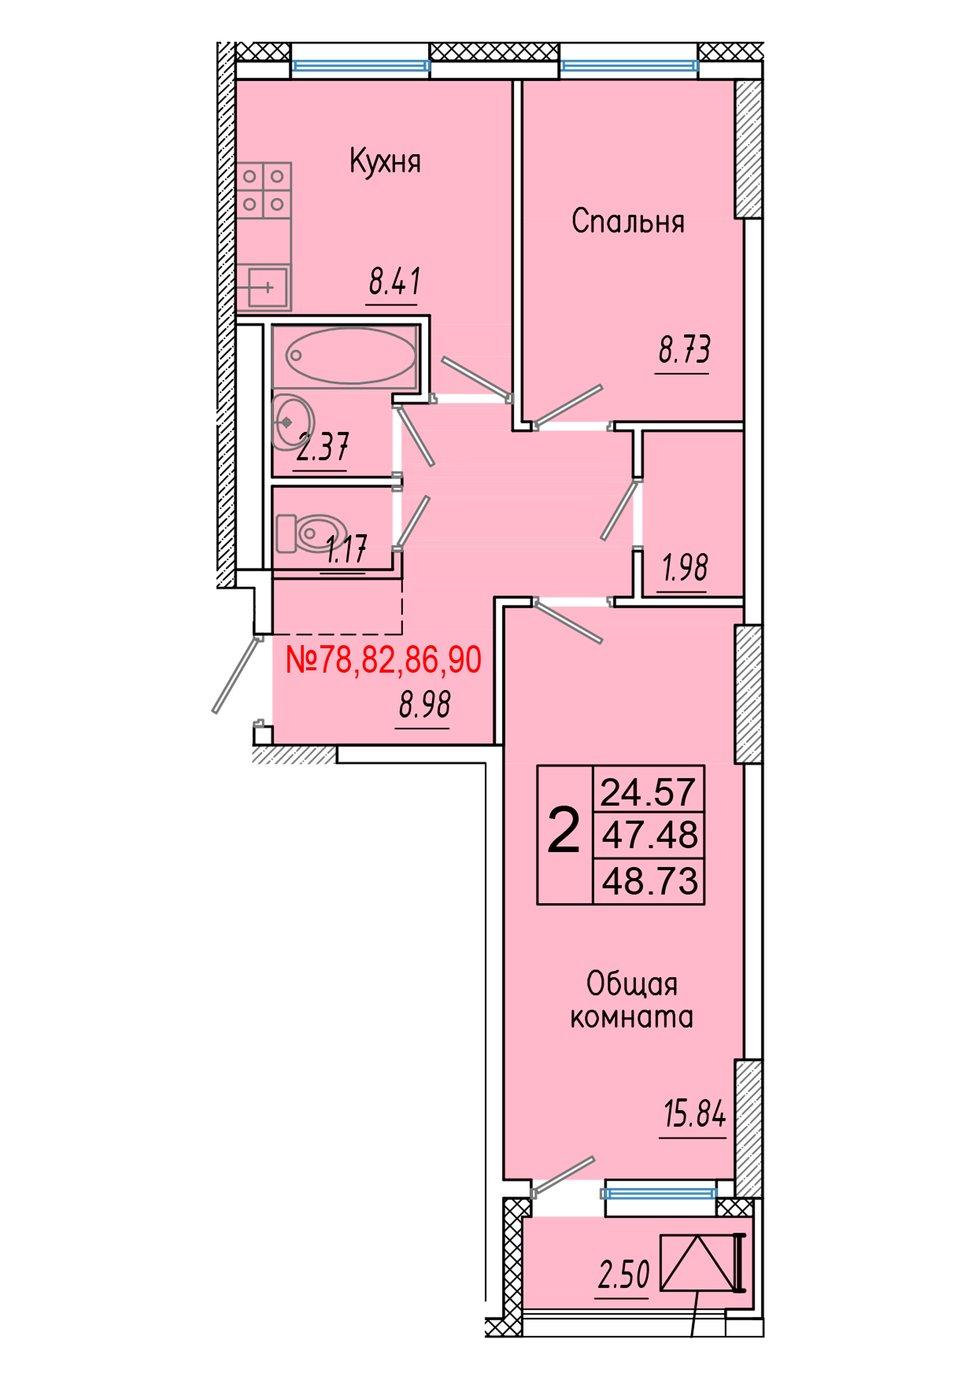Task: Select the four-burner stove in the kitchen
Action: coord(263,190)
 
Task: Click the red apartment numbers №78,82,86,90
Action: coord(383,660)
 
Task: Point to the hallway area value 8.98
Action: coord(425,705)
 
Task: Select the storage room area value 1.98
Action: coord(684,568)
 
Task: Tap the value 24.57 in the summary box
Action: coord(648,793)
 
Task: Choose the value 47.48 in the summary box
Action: coord(649,835)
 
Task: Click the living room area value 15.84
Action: coord(695,1114)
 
